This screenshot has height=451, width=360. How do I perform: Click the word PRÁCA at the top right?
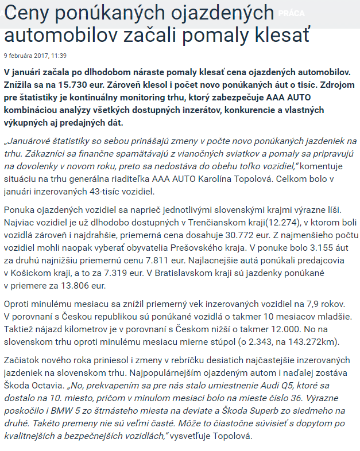292,13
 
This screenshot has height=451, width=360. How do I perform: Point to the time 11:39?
59,56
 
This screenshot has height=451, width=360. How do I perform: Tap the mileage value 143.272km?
315,343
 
